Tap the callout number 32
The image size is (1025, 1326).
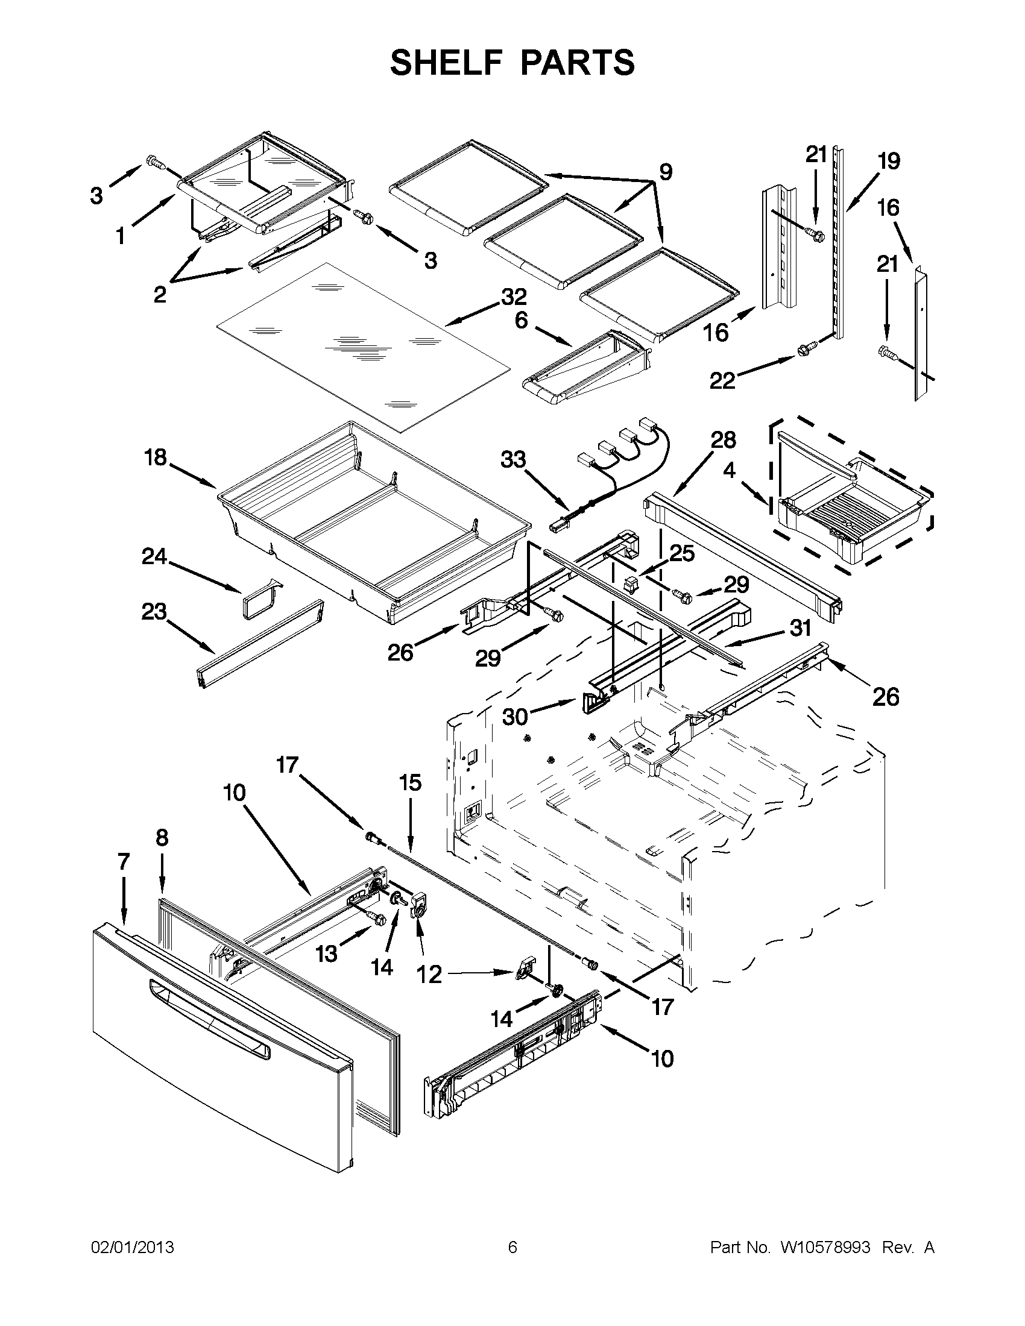pyautogui.click(x=513, y=297)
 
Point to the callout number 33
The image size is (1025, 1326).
pyautogui.click(x=513, y=460)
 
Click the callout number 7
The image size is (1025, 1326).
pyautogui.click(x=123, y=861)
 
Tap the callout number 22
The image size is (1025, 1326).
pyautogui.click(x=722, y=381)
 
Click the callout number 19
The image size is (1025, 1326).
pyautogui.click(x=888, y=162)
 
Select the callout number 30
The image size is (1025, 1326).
pyautogui.click(x=516, y=717)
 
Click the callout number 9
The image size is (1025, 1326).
pyautogui.click(x=666, y=172)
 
